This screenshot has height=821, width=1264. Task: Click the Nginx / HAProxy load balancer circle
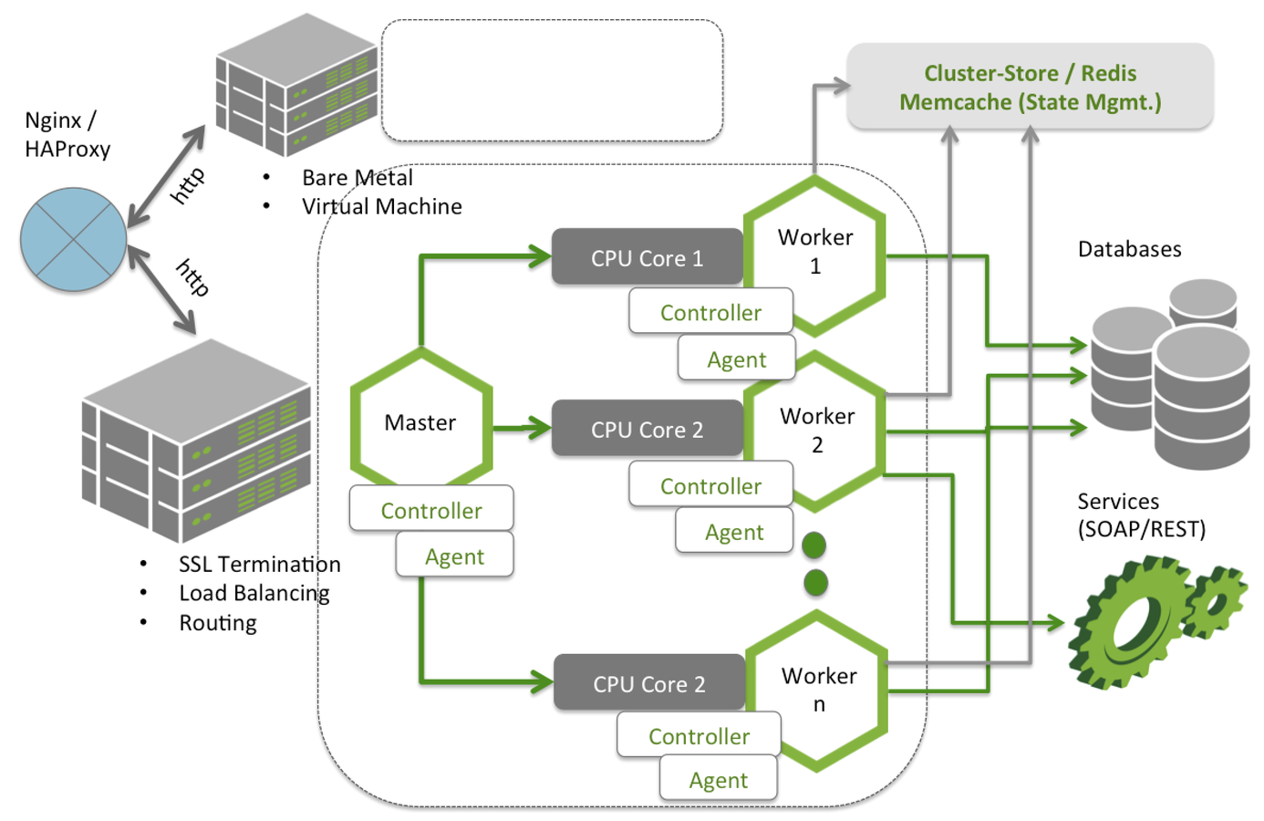coord(74,240)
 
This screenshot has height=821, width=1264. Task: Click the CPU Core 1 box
coord(647,258)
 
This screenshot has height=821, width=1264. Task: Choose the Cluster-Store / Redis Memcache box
coord(1030,88)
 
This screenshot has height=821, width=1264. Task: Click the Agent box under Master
coord(454,556)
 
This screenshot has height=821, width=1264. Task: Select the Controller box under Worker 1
coord(710,313)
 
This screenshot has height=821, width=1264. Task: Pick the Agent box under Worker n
coord(719,780)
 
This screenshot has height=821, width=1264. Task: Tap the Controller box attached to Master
coord(431,511)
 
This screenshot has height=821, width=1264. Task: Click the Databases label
coord(1129,249)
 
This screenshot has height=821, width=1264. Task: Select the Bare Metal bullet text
coord(357,178)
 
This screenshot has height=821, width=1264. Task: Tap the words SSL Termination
coord(259,565)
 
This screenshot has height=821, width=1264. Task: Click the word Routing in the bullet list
coord(218,623)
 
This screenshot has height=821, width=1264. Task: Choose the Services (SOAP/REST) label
coord(1141,514)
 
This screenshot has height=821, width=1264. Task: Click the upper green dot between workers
coord(813,546)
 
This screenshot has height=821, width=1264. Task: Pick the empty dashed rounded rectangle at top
coord(552,81)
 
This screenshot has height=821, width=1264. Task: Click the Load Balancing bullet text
coord(254,594)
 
